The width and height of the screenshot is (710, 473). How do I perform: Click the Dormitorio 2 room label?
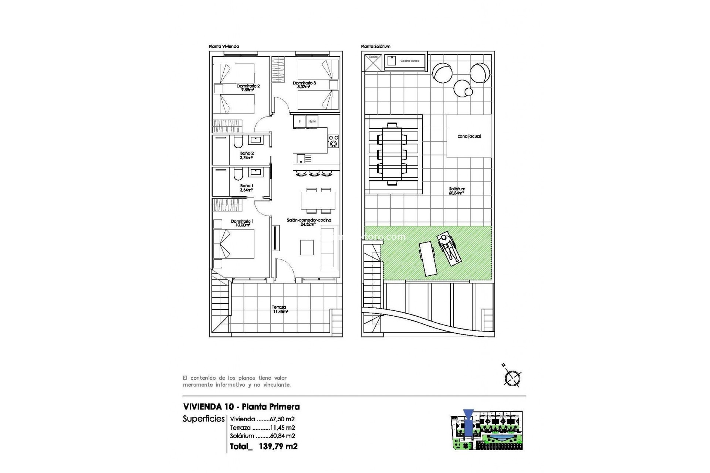[248, 88]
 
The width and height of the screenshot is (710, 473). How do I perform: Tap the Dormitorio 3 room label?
[304, 85]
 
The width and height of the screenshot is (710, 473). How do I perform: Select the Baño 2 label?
[247, 155]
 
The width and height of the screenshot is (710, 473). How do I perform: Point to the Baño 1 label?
[247, 188]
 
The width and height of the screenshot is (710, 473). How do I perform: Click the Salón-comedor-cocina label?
[309, 222]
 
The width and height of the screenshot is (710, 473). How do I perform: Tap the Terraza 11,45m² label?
[280, 309]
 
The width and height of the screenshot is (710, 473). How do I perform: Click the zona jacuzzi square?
[469, 136]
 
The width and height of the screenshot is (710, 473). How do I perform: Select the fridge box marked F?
[299, 122]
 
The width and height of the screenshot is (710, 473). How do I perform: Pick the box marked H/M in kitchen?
[312, 122]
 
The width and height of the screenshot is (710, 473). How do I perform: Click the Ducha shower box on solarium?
[373, 63]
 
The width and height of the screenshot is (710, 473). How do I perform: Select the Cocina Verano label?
[410, 61]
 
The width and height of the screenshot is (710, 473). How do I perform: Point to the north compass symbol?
[512, 378]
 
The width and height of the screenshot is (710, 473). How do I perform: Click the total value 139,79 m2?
[278, 446]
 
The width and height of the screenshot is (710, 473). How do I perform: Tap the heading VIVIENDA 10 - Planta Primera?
[241, 407]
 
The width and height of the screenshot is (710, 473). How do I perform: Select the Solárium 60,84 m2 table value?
[263, 436]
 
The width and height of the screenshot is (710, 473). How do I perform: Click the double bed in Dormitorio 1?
[234, 244]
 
